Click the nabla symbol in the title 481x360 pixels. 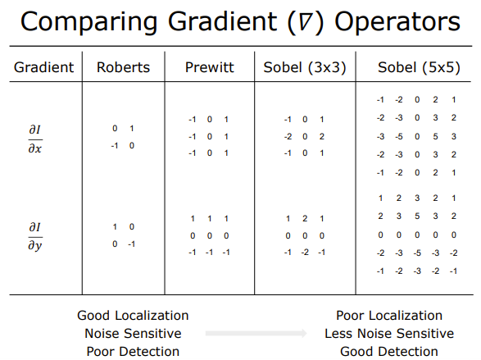tap(305, 22)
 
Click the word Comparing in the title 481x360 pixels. tap(89, 22)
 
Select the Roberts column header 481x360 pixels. tap(123, 67)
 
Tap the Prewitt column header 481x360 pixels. tap(210, 67)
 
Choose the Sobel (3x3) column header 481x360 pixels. tap(305, 67)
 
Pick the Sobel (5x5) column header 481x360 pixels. tap(419, 67)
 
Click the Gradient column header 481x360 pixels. tap(44, 67)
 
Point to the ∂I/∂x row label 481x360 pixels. tap(35, 139)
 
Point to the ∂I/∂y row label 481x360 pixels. tap(35, 237)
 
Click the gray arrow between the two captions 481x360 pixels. tap(256, 333)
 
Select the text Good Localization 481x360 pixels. tap(133, 316)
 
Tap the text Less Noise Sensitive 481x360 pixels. tap(389, 334)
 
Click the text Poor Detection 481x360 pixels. tap(133, 352)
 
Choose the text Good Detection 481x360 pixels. tap(389, 352)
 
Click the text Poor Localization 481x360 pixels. tap(389, 316)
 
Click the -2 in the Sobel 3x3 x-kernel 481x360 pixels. tap(288, 136)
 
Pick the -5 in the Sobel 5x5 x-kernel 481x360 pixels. tap(399, 136)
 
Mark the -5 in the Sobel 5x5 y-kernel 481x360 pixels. tap(417, 253)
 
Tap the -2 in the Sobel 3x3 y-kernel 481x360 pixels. tap(305, 253)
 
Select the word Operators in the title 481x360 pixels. tap(397, 22)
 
